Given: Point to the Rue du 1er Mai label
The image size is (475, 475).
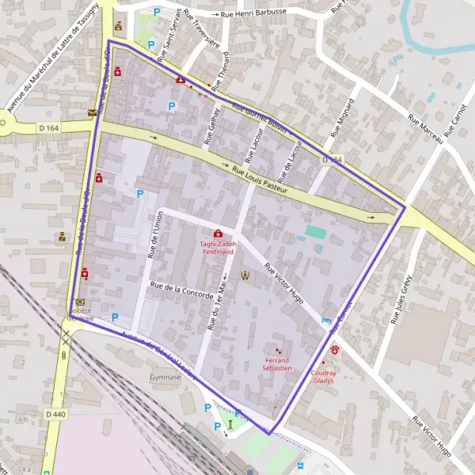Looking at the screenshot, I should coord(217,306).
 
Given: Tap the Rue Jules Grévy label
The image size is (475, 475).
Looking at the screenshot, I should coord(401,301).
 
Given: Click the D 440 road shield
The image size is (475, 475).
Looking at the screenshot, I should coord(55,414).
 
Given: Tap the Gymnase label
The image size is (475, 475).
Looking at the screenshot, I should coord(165,378).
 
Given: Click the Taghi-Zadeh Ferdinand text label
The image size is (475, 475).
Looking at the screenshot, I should coord(218,249).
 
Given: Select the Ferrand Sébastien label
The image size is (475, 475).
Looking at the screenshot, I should coord(278,364).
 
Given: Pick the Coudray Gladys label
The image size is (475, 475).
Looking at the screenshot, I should coord(323,376).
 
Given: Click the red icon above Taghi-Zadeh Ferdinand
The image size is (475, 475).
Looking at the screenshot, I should coord(218,234).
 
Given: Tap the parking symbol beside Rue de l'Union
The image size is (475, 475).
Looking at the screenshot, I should coord(140,193).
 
